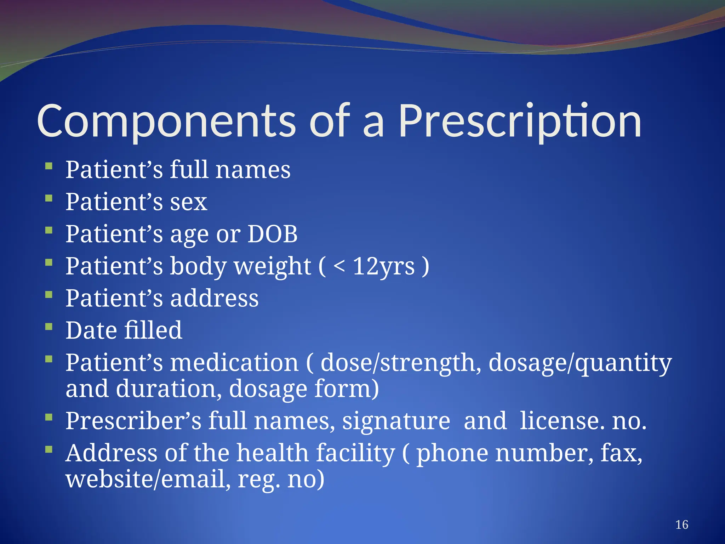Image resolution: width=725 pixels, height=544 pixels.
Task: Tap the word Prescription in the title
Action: click(520, 121)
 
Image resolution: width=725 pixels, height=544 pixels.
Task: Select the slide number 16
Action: click(681, 525)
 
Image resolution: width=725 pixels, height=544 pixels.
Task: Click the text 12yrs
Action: click(384, 266)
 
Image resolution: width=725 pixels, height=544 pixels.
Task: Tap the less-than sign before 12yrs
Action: click(339, 266)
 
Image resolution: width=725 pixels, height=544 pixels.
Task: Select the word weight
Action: click(272, 266)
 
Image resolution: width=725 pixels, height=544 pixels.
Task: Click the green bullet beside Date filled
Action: click(49, 326)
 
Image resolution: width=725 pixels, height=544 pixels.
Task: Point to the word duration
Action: click(166, 389)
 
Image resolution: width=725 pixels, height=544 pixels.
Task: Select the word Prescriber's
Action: click(133, 421)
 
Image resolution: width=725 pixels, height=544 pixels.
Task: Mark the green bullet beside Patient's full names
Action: click(49, 165)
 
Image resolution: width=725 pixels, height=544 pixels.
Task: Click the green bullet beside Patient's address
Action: click(49, 294)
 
